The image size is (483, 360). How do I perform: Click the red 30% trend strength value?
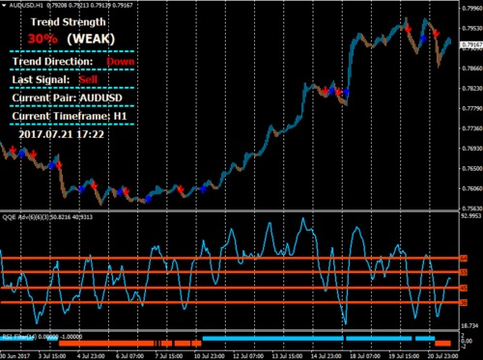click(x=43, y=38)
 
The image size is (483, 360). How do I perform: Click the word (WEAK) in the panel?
click(x=91, y=38)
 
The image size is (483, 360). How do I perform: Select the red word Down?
click(x=121, y=61)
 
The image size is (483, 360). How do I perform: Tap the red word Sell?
click(x=89, y=79)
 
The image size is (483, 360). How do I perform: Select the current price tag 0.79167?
click(x=471, y=44)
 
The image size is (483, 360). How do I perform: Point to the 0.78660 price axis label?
click(x=470, y=68)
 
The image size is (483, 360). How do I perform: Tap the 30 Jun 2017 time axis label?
click(x=16, y=354)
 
